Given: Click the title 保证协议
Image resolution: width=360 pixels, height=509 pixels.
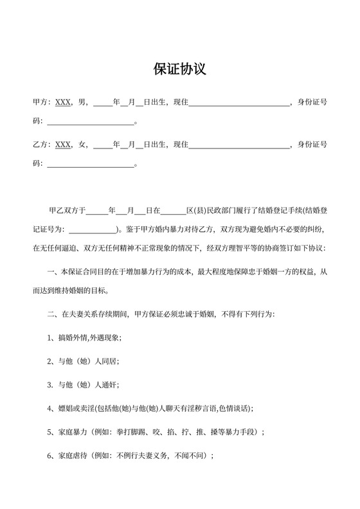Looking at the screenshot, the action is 179,69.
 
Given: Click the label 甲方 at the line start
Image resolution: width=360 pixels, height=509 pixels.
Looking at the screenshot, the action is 40,102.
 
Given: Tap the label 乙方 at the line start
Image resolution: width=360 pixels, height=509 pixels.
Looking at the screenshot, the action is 40,145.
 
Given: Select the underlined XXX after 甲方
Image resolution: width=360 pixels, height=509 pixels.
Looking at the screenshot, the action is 63,102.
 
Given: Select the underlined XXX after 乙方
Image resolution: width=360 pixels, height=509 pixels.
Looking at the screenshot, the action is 63,145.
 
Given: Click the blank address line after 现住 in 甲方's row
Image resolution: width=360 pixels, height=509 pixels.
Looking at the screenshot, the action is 239,103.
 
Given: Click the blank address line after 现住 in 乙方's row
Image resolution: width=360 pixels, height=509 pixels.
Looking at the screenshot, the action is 239,145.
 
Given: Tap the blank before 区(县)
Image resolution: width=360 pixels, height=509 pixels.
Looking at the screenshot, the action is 173,210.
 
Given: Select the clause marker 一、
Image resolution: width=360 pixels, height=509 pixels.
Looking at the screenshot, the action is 53,273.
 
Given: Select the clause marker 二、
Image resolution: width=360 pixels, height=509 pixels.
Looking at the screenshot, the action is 53,315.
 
